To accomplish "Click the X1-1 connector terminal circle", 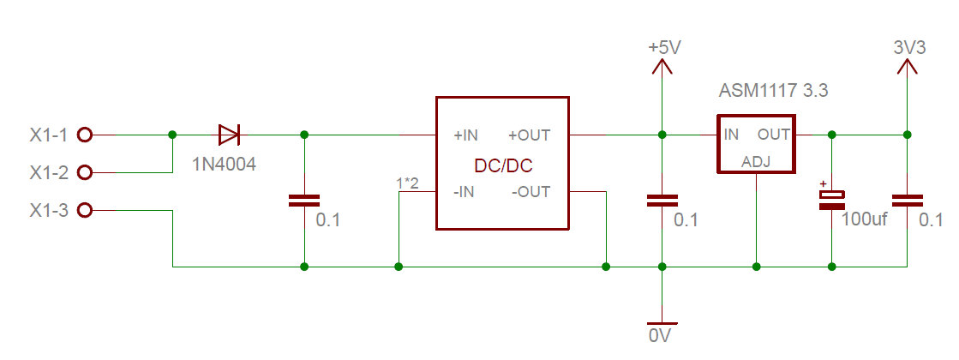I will tap(84, 135).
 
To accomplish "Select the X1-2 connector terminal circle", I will tap(84, 172).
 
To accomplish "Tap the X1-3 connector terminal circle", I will tap(84, 210).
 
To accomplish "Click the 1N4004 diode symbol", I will tap(229, 135).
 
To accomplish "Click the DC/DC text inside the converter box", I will tap(503, 165).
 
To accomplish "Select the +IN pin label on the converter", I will tap(471, 135).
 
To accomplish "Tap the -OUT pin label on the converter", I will tap(530, 192).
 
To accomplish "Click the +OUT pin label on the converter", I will tap(529, 135).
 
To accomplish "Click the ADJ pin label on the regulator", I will tap(756, 160).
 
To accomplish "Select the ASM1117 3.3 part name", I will tap(774, 90).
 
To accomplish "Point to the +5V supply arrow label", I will tap(664, 49).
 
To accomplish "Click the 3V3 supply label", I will tap(908, 49).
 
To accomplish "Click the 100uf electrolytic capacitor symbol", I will tap(831, 200).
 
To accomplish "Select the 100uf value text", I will tap(863, 220).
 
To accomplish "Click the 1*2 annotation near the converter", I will tap(408, 183).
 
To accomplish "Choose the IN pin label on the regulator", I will tap(731, 135).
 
